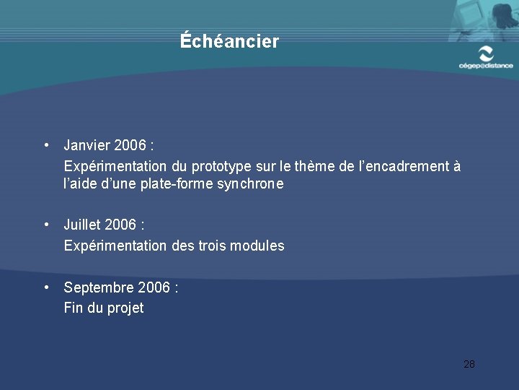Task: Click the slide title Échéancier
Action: click(x=229, y=42)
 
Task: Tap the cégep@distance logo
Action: click(x=486, y=57)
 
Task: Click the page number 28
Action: click(x=469, y=364)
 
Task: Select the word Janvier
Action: click(x=86, y=146)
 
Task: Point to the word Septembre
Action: click(x=97, y=287)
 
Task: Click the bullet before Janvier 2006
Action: click(x=46, y=145)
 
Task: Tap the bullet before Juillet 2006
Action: click(x=46, y=225)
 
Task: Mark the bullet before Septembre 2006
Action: click(x=46, y=287)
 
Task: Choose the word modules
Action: click(x=257, y=246)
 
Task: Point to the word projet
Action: click(x=125, y=308)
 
